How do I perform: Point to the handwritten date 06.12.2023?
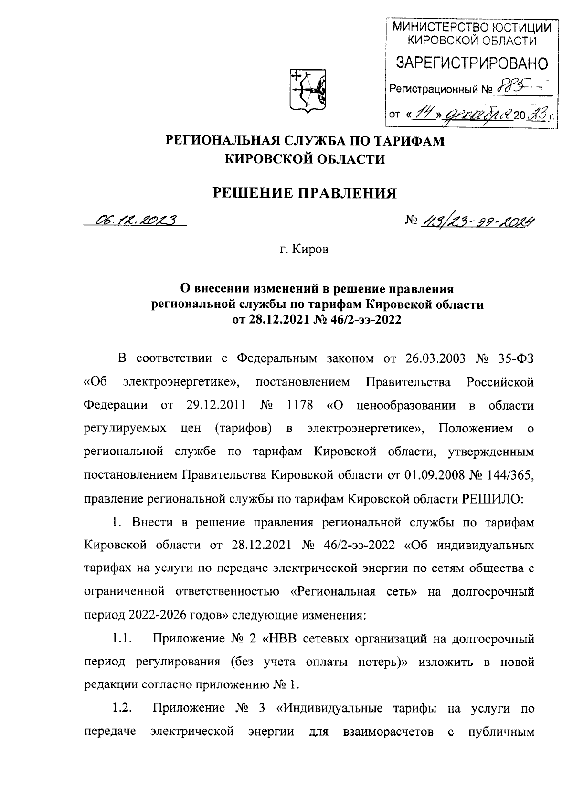[x=136, y=220]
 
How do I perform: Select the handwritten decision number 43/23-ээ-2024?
[x=477, y=221]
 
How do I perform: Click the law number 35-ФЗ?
[x=513, y=358]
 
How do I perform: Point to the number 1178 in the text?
[x=299, y=405]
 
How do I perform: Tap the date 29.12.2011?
[x=214, y=405]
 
